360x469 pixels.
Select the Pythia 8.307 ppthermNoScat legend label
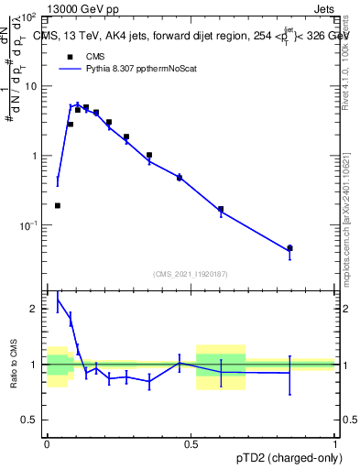pyautogui.click(x=140, y=68)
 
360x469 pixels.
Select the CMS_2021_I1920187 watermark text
pyautogui.click(x=191, y=273)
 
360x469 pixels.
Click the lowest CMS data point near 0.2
pyautogui.click(x=58, y=205)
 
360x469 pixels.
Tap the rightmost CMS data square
pyautogui.click(x=289, y=248)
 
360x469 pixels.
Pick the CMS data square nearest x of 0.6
pyautogui.click(x=221, y=209)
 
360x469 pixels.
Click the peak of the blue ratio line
pyautogui.click(x=58, y=299)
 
